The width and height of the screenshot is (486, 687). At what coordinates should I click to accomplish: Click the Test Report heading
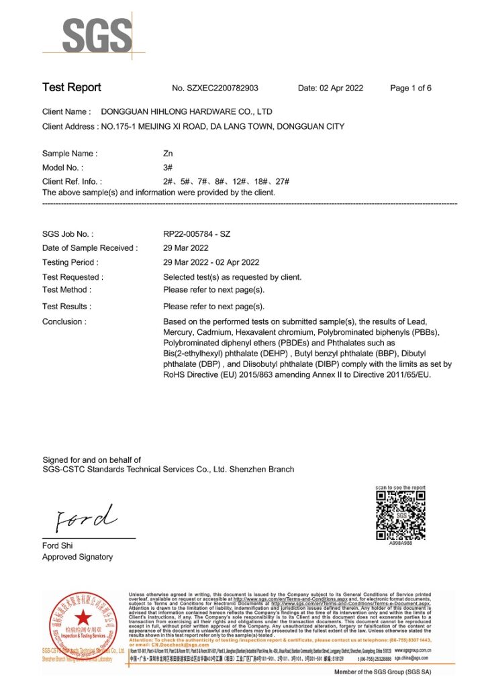pyautogui.click(x=72, y=87)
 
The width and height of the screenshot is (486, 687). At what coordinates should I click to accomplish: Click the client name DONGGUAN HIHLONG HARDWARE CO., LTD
pyautogui.click(x=186, y=111)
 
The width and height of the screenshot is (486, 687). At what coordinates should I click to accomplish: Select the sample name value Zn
pyautogui.click(x=168, y=154)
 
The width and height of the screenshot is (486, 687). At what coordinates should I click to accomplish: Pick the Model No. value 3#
pyautogui.click(x=168, y=168)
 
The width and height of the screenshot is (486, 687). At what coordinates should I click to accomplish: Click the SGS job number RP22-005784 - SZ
pyautogui.click(x=197, y=234)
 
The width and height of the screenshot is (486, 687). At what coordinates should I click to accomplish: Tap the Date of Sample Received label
pyautogui.click(x=89, y=248)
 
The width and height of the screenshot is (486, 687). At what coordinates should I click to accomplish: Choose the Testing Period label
pyautogui.click(x=70, y=262)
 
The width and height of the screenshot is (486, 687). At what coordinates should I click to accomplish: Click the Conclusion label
pyautogui.click(x=64, y=321)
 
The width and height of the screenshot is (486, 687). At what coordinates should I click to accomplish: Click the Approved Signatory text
pyautogui.click(x=77, y=557)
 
